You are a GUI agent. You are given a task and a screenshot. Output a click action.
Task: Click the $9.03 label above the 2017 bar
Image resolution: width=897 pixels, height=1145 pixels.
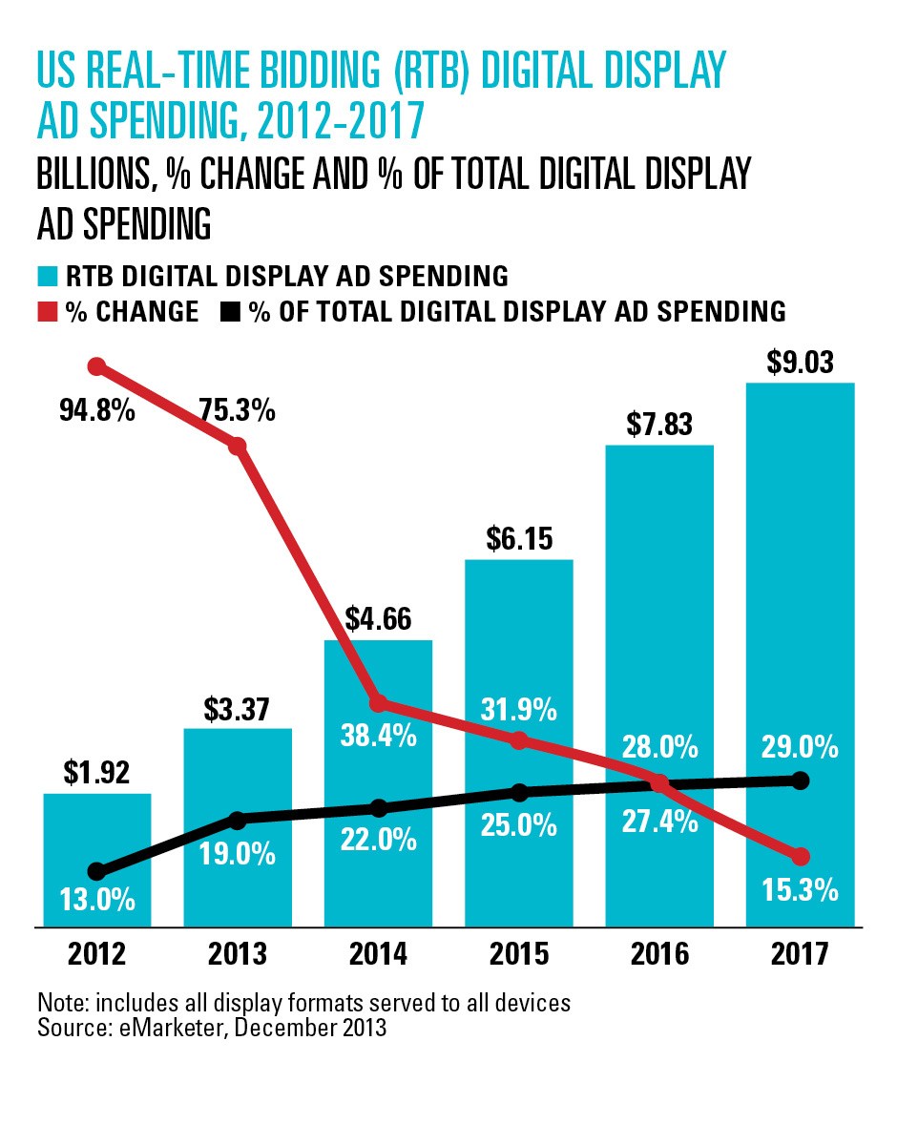pyautogui.click(x=800, y=364)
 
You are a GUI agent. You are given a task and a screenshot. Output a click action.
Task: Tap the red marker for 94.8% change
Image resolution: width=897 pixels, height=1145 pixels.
pyautogui.click(x=96, y=366)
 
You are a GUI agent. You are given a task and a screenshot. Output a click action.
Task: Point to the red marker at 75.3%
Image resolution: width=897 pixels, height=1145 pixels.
pyautogui.click(x=238, y=446)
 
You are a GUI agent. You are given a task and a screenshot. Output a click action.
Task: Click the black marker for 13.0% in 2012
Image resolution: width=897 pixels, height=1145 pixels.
pyautogui.click(x=96, y=871)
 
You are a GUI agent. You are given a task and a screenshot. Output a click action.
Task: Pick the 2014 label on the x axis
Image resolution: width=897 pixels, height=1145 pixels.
pyautogui.click(x=378, y=954)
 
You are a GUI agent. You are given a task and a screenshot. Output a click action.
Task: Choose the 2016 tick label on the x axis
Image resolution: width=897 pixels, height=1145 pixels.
pyautogui.click(x=658, y=954)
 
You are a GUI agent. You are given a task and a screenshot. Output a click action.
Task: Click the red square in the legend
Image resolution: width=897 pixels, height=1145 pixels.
pyautogui.click(x=47, y=312)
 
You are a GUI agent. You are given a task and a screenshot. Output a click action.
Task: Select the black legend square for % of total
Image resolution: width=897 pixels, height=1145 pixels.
pyautogui.click(x=230, y=312)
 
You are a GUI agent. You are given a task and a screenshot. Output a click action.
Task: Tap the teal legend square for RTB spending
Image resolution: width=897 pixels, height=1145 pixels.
pyautogui.click(x=47, y=278)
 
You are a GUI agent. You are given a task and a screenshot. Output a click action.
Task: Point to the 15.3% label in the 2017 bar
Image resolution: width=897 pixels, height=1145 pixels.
pyautogui.click(x=800, y=890)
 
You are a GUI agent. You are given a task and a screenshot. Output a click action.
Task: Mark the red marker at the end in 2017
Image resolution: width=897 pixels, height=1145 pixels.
pyautogui.click(x=800, y=856)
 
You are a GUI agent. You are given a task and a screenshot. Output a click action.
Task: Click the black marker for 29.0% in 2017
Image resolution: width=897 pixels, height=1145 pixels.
pyautogui.click(x=800, y=781)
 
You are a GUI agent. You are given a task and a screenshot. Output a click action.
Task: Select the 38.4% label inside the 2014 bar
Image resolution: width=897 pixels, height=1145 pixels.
pyautogui.click(x=378, y=736)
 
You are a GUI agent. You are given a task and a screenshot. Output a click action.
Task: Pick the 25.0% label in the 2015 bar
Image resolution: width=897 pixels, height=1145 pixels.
pyautogui.click(x=518, y=825)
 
